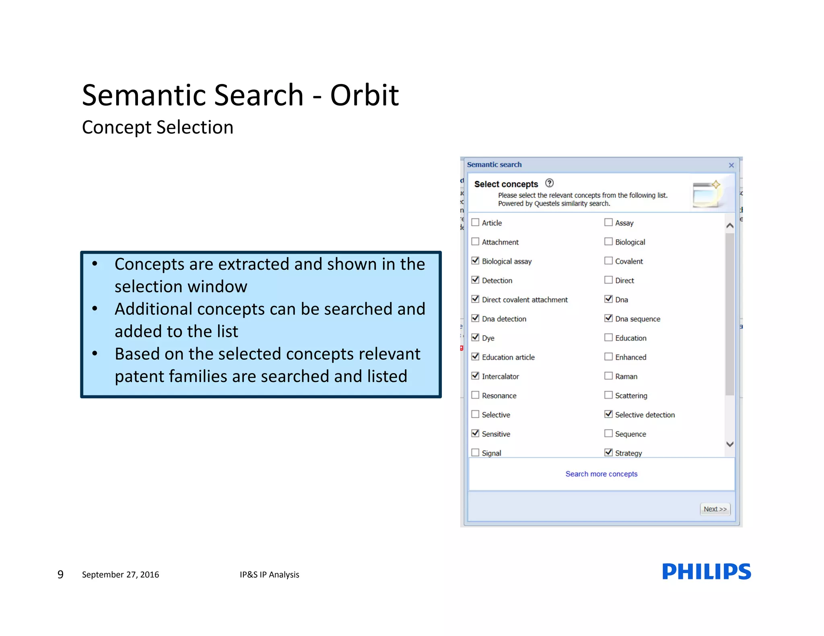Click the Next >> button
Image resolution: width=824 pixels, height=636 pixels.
pyautogui.click(x=715, y=509)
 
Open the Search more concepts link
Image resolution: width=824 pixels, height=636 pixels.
pyautogui.click(x=601, y=474)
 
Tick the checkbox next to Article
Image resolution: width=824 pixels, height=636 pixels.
pyautogui.click(x=475, y=222)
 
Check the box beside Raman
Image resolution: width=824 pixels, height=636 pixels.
pyautogui.click(x=608, y=376)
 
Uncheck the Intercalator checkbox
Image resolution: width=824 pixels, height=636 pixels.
pyautogui.click(x=475, y=376)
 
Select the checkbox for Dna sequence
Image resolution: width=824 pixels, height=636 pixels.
pyautogui.click(x=608, y=318)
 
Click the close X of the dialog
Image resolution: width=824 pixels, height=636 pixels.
pyautogui.click(x=731, y=165)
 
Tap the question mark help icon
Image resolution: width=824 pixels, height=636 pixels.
pyautogui.click(x=549, y=183)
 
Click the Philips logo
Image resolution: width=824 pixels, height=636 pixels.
pyautogui.click(x=706, y=571)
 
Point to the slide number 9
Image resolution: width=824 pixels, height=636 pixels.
pyautogui.click(x=60, y=574)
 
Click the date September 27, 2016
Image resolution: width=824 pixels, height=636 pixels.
pyautogui.click(x=120, y=574)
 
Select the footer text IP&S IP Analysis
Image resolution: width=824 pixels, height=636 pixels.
pyautogui.click(x=269, y=574)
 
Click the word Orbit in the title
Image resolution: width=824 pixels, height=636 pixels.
pyautogui.click(x=364, y=95)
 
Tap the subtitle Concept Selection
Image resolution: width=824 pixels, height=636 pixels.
pyautogui.click(x=157, y=127)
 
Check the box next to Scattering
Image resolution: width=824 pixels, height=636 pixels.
pyautogui.click(x=608, y=395)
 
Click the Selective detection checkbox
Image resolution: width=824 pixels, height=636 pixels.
pyautogui.click(x=608, y=414)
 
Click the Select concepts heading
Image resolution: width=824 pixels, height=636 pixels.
pyautogui.click(x=506, y=184)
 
